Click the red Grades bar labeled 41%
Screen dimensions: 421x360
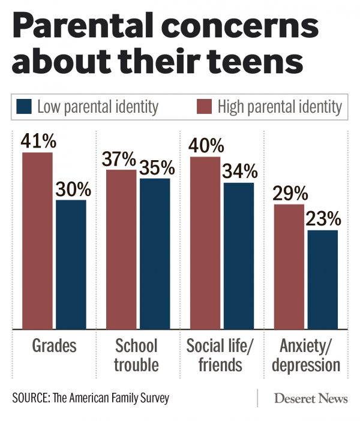(x=38, y=240)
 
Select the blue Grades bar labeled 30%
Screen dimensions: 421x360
(x=71, y=264)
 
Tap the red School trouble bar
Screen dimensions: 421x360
(x=122, y=249)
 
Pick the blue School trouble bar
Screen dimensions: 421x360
(x=154, y=254)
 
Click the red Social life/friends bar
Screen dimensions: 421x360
(x=205, y=243)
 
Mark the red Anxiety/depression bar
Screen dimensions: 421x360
(x=289, y=267)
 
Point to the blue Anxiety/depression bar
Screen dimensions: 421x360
(x=322, y=279)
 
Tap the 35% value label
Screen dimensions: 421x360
(x=157, y=167)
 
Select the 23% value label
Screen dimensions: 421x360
(x=325, y=218)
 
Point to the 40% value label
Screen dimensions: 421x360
(x=206, y=146)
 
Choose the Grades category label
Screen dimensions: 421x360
(x=54, y=346)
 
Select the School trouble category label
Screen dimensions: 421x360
(x=136, y=354)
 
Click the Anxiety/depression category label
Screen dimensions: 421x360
(x=306, y=354)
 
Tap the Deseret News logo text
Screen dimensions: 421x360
(x=310, y=398)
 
